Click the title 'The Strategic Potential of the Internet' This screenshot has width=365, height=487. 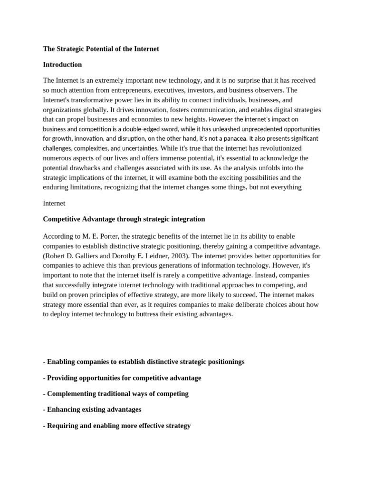pyautogui.click(x=101, y=49)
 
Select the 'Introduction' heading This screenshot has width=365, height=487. pyautogui.click(x=62, y=65)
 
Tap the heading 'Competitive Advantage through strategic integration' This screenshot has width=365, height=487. pyautogui.click(x=124, y=219)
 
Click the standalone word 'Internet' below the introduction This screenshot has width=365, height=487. pyautogui.click(x=54, y=204)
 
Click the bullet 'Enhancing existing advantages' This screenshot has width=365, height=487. pyautogui.click(x=92, y=409)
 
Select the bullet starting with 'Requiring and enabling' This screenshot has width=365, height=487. pyautogui.click(x=116, y=426)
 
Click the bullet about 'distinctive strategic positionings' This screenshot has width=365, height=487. pyautogui.click(x=144, y=362)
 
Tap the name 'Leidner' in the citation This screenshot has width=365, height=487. pyautogui.click(x=141, y=256)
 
